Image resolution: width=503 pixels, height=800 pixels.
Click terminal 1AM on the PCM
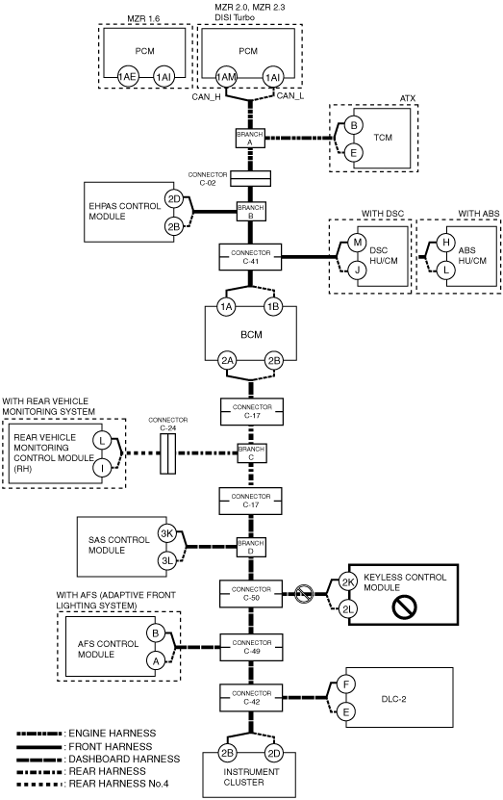226,77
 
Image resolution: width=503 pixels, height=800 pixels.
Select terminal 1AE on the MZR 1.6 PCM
127,77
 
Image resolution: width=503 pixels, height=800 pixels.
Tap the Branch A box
250,139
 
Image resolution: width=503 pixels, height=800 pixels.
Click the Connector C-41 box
250,257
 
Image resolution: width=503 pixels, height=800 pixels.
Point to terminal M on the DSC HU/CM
357,242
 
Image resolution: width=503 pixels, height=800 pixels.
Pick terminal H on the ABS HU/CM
446,242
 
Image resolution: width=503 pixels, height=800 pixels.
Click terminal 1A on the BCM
226,307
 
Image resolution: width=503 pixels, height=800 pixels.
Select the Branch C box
251,453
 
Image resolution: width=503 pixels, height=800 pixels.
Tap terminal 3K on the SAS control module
167,533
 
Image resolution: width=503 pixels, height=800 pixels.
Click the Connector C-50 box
251,593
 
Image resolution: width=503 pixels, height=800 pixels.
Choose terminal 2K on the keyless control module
348,582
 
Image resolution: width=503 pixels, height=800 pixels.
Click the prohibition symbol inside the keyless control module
405,606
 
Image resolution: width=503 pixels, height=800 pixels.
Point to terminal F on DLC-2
346,684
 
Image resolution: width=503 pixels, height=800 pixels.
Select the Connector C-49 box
251,647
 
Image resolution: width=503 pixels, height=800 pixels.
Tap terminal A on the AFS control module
156,661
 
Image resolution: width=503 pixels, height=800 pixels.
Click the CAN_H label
207,97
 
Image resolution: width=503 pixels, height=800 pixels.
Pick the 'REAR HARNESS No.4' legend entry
118,784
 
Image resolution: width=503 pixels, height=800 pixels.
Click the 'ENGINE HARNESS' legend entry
113,734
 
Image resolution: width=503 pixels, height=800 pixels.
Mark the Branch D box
251,548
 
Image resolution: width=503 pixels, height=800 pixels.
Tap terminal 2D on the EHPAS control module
174,199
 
